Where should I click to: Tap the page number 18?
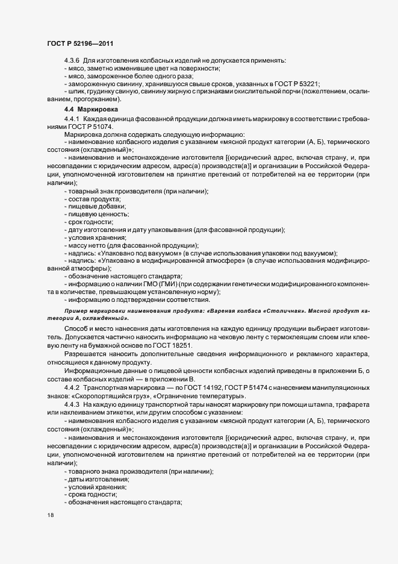[51, 516]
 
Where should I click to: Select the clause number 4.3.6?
[72, 61]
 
